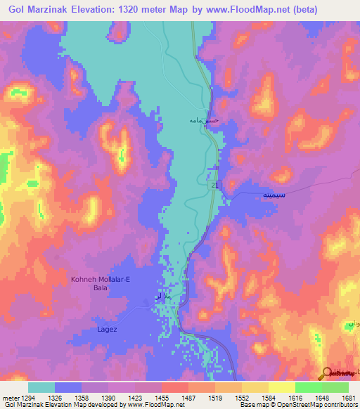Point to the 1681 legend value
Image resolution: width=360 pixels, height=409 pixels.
[x=348, y=398]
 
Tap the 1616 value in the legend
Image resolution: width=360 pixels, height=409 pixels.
[x=295, y=398]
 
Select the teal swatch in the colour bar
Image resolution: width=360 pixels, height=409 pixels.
[x=41, y=387]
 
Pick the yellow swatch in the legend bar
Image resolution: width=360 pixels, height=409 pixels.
[x=281, y=387]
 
